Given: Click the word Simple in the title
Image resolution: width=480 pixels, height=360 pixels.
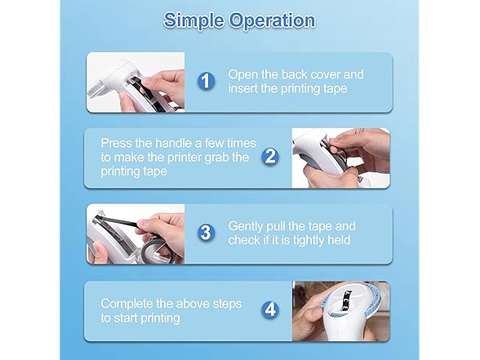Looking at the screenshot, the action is click(193, 21).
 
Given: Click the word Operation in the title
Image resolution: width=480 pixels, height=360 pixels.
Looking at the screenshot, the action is click(272, 20).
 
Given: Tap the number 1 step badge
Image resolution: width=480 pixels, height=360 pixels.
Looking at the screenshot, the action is click(206, 81).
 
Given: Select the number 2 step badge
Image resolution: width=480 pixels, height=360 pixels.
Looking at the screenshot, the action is click(270, 157).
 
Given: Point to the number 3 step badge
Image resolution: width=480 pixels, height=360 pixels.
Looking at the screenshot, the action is click(206, 233).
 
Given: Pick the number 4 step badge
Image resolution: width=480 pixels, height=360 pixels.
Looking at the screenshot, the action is click(270, 309).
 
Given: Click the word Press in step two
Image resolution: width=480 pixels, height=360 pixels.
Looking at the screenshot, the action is click(116, 143).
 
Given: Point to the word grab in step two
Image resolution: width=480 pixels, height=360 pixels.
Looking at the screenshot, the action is click(216, 158).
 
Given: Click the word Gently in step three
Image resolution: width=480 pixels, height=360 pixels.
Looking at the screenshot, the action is click(246, 227).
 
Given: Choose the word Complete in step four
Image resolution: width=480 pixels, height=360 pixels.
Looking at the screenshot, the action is click(127, 304).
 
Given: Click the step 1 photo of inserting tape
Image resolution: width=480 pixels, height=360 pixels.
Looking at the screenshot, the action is click(136, 82).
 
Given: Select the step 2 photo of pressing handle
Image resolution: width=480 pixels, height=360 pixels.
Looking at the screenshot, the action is click(340, 158).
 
